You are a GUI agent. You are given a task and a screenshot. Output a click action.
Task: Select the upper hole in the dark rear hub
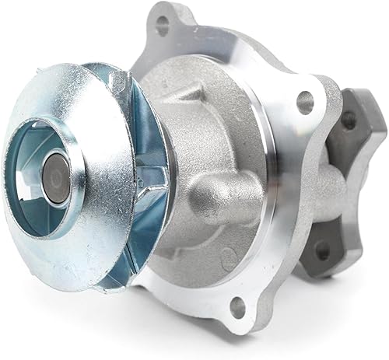[349, 119]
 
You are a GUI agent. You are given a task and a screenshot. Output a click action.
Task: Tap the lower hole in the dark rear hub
[321, 250]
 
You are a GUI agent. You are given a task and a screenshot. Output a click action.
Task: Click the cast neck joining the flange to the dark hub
[327, 187]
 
